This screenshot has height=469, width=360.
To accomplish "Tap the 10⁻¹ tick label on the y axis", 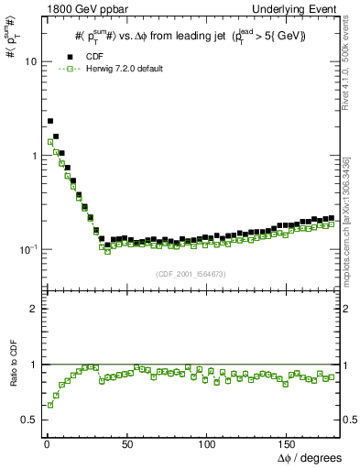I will (28, 249).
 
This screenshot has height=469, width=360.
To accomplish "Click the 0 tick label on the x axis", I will (46, 443).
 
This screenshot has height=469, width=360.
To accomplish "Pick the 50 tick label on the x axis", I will (125, 443).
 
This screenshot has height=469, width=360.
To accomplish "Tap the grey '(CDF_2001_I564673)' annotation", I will (190, 273).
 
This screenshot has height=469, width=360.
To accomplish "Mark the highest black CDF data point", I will (50, 120).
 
